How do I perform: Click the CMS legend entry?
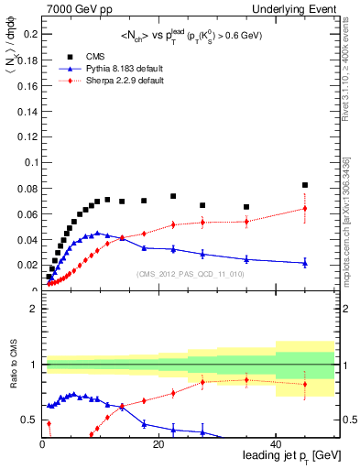pos(92,57)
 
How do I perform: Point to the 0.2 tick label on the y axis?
pos(30,35)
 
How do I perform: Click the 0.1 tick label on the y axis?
pos(30,162)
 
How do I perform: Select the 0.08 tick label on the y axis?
pos(27,188)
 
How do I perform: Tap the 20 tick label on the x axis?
pos(160,443)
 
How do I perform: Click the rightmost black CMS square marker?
pos(305,185)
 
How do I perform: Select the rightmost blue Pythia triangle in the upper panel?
pos(305,263)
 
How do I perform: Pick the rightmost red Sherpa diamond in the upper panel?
pos(305,208)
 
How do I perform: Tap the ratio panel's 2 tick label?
pos(34,309)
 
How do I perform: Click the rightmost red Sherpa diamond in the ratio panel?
pos(305,384)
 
